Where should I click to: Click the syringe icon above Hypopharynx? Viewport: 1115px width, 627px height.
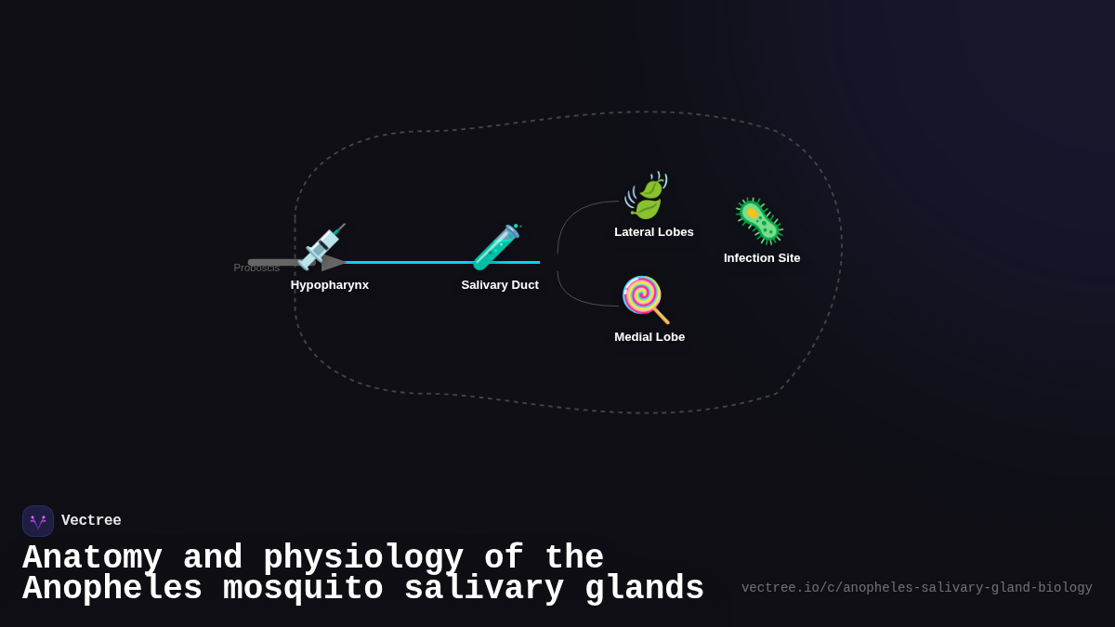click(321, 246)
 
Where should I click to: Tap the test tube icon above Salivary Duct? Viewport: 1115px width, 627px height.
click(496, 247)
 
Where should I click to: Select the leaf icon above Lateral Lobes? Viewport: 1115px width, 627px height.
click(646, 196)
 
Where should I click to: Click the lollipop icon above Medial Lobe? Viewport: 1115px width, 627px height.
click(645, 299)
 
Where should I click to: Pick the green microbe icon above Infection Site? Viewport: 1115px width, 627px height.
click(759, 221)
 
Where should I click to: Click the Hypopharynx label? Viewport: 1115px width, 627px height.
click(330, 285)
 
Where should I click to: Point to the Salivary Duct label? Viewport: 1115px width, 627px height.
click(500, 285)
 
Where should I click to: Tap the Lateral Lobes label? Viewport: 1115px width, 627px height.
click(654, 232)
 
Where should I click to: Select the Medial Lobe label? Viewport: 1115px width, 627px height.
click(649, 337)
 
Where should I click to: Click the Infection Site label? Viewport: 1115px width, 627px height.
click(762, 258)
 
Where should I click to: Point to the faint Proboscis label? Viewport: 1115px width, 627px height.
click(256, 268)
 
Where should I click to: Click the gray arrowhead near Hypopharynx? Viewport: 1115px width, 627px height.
click(333, 263)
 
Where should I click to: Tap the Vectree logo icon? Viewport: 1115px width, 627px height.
click(38, 521)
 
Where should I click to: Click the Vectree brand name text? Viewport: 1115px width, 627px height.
click(91, 521)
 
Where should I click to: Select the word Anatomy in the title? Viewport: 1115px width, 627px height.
click(92, 558)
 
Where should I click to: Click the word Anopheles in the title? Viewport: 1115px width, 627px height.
click(112, 589)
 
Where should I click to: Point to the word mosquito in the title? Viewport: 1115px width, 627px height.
click(303, 589)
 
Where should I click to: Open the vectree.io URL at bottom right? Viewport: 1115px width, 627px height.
click(916, 588)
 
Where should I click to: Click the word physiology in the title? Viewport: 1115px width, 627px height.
click(363, 558)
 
